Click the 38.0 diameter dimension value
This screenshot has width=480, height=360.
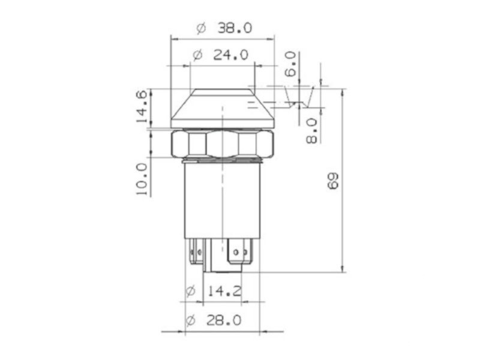coord(235,28)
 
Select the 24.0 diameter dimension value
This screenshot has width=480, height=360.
coord(230,55)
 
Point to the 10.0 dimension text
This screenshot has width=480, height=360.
coord(142,179)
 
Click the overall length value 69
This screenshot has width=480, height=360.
coord(333,181)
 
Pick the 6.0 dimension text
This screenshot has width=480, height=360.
coord(290,64)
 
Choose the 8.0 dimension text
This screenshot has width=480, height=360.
coord(312,131)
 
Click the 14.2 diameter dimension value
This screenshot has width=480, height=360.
coord(224,291)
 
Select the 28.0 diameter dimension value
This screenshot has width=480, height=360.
coord(223,320)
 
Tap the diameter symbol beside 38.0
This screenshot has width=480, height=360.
coord(201,29)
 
